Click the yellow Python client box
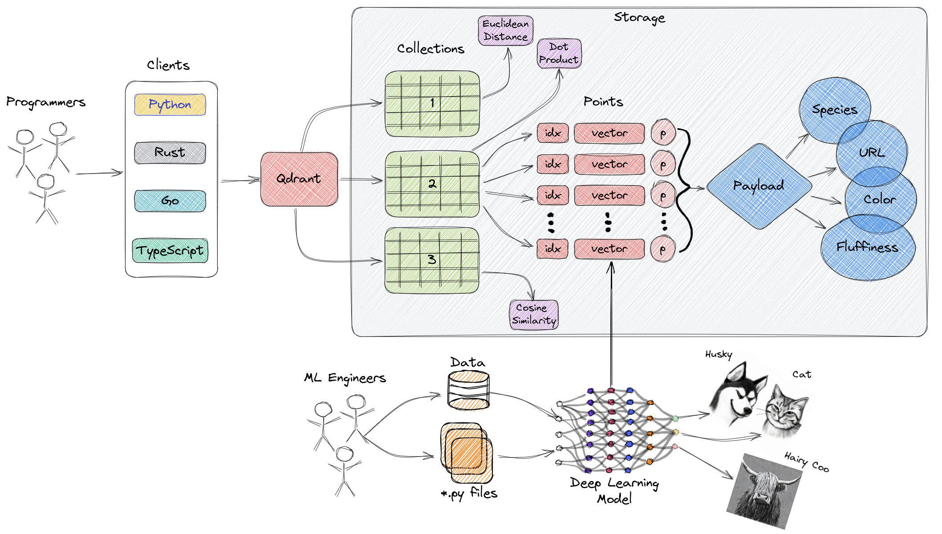170,105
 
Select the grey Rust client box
170,153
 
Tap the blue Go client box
170,201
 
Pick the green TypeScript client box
170,251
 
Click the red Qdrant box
299,179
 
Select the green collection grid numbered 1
432,104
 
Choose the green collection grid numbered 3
432,260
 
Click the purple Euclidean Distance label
505,30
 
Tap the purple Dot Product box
559,53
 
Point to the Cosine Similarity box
533,314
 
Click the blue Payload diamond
759,186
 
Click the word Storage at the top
639,17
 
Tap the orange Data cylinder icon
468,391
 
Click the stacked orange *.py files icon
467,453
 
